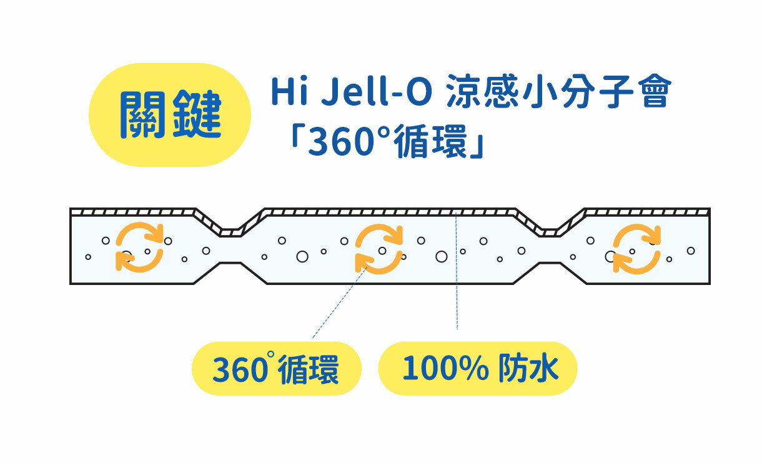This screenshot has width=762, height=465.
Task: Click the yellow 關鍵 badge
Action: [170, 115]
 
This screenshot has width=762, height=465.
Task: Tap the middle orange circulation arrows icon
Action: [379, 249]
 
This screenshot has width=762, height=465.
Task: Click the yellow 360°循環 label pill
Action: [276, 369]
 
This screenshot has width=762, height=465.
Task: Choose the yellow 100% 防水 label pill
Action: [478, 369]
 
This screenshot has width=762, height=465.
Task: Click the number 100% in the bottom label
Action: [445, 369]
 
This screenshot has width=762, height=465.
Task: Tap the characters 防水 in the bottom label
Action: [528, 369]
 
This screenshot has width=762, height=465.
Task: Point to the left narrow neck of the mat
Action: [230, 247]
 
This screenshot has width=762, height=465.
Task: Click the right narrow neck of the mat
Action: [548, 247]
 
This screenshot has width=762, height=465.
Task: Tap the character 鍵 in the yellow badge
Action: [199, 115]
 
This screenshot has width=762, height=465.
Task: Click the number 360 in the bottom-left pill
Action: [240, 370]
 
